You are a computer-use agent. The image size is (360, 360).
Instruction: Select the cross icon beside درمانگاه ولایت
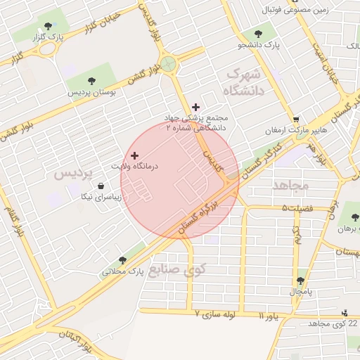click(134, 155)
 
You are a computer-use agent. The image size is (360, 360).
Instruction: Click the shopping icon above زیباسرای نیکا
click(102, 186)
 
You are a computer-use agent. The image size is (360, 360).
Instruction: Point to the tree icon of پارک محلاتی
click(122, 260)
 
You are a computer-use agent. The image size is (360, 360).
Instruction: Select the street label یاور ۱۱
click(269, 316)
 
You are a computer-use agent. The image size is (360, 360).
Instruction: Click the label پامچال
click(302, 290)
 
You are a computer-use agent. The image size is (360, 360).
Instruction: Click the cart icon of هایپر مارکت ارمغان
click(297, 120)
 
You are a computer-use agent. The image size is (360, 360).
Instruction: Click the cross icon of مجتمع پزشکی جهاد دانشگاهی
click(195, 107)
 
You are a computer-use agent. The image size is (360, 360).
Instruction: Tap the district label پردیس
click(74, 174)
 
